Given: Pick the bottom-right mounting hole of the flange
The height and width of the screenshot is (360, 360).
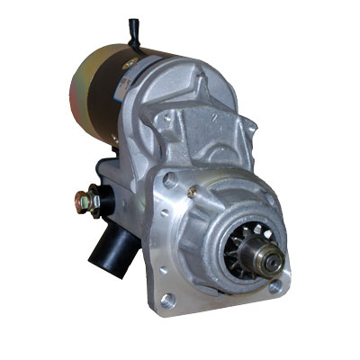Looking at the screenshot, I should [x=274, y=286].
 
